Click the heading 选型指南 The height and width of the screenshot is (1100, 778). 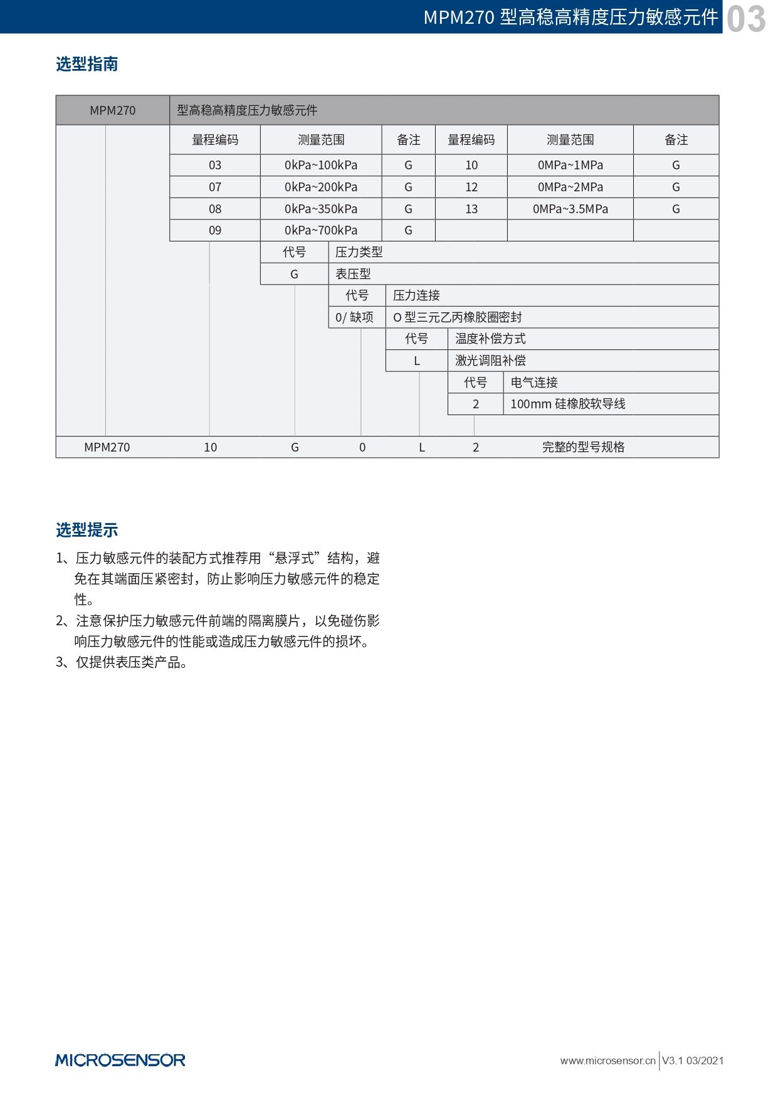[x=87, y=64]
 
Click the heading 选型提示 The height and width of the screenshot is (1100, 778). [x=87, y=530]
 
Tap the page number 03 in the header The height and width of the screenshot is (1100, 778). [x=746, y=18]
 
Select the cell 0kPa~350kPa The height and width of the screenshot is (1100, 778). [x=320, y=209]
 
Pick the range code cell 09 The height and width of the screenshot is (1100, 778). [x=215, y=230]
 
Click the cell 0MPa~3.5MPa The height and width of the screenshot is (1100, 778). [x=570, y=209]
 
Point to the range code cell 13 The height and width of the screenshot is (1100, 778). [x=471, y=209]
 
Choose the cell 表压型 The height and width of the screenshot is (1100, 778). [x=353, y=274]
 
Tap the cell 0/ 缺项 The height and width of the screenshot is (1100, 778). [x=354, y=317]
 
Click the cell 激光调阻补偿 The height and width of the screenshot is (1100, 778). [x=490, y=361]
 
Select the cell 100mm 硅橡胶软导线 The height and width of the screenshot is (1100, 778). [x=567, y=404]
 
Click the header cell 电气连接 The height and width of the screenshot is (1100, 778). [x=534, y=383]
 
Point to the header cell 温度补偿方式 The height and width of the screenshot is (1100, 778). [x=490, y=339]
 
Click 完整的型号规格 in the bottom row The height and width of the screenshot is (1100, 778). [x=583, y=447]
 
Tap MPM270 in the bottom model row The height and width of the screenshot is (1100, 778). [x=107, y=447]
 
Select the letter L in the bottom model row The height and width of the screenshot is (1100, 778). [x=422, y=447]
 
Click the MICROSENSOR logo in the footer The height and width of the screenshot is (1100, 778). [x=120, y=1060]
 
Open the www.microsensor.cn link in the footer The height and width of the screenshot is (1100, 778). [x=607, y=1060]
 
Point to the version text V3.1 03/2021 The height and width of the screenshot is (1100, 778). [x=693, y=1060]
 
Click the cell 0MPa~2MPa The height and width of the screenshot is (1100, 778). [x=570, y=187]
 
